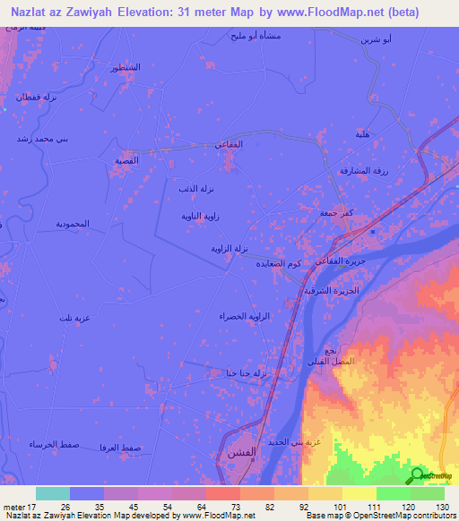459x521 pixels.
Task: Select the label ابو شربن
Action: click(x=374, y=40)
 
